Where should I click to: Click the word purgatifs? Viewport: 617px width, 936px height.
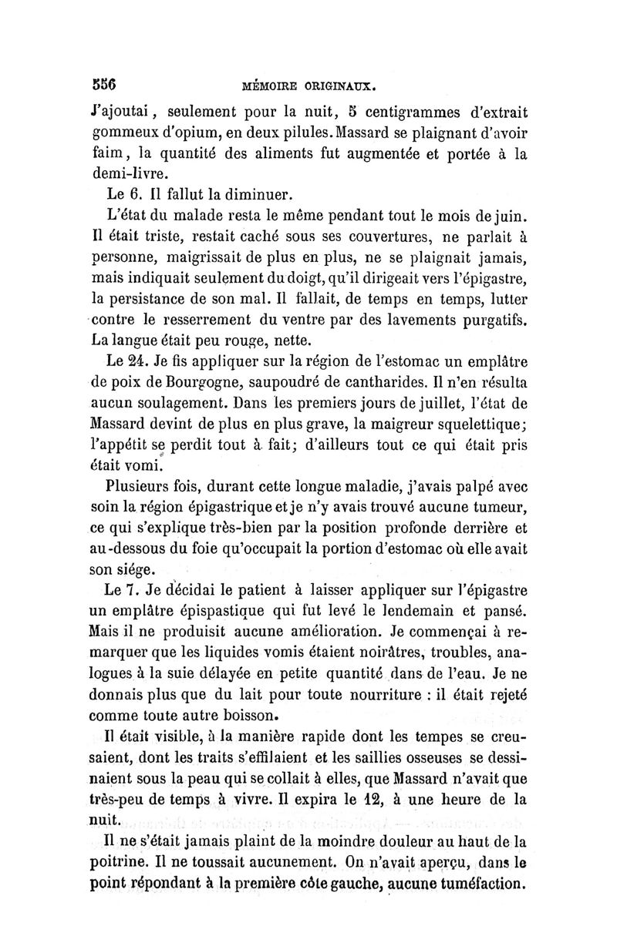click(490, 318)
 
